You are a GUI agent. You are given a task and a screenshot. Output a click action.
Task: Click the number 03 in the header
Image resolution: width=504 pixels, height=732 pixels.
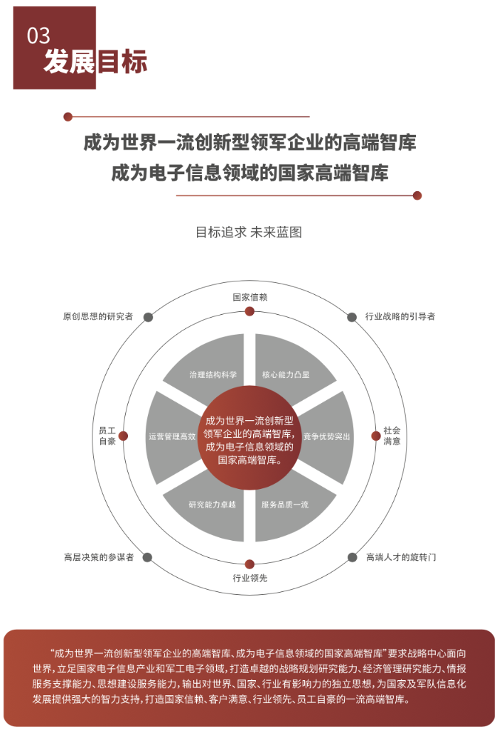point(38,36)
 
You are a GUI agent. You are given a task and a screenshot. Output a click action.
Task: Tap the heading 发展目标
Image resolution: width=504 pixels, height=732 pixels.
point(95,61)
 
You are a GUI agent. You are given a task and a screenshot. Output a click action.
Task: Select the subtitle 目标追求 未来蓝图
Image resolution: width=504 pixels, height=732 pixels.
point(249,232)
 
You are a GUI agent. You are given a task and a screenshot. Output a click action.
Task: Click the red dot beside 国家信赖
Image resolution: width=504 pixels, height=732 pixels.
point(250,311)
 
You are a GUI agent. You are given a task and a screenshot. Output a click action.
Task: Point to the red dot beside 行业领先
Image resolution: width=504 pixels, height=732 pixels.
point(250,564)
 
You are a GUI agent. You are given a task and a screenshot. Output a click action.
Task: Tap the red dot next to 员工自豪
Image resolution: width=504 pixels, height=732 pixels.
point(123,436)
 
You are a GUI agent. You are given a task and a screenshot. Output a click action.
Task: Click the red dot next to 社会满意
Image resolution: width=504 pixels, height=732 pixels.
point(376,436)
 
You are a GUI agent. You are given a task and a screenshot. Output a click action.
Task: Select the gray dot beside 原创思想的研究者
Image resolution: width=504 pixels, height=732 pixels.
point(148,318)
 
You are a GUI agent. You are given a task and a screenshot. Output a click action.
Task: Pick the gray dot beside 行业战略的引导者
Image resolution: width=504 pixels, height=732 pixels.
point(352,318)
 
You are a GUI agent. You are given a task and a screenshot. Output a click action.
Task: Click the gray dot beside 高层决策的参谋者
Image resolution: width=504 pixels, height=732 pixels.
point(147,557)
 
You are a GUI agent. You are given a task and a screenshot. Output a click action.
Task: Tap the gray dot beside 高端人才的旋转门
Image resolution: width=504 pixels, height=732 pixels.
point(352,557)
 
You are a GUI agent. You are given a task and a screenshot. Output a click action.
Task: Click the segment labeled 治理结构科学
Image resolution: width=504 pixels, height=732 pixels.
point(213,369)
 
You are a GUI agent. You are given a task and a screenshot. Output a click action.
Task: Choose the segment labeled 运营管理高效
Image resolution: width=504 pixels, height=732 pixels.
point(171,437)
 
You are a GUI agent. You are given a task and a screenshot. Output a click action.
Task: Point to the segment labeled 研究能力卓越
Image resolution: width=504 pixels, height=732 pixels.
point(213,507)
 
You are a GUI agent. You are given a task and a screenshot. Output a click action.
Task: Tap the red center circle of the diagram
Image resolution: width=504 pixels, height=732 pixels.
point(250,438)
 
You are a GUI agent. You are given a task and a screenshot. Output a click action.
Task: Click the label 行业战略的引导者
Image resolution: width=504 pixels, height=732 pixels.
point(400,316)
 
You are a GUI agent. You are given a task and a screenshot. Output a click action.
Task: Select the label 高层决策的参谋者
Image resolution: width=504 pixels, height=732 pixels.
point(99,557)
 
